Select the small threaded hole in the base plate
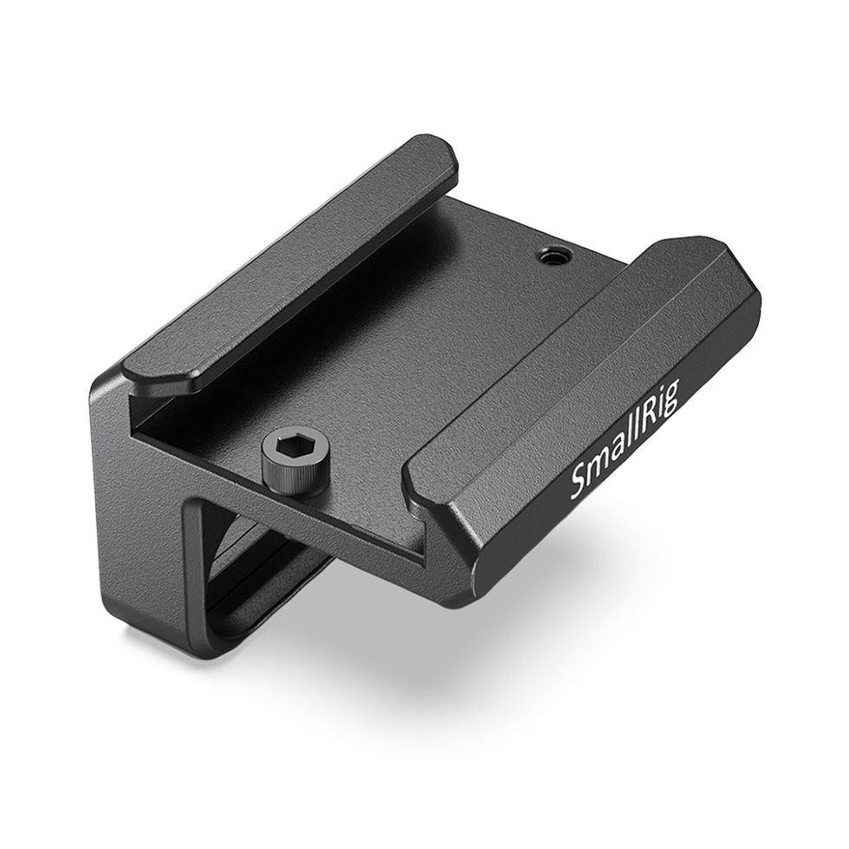click(548, 256)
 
